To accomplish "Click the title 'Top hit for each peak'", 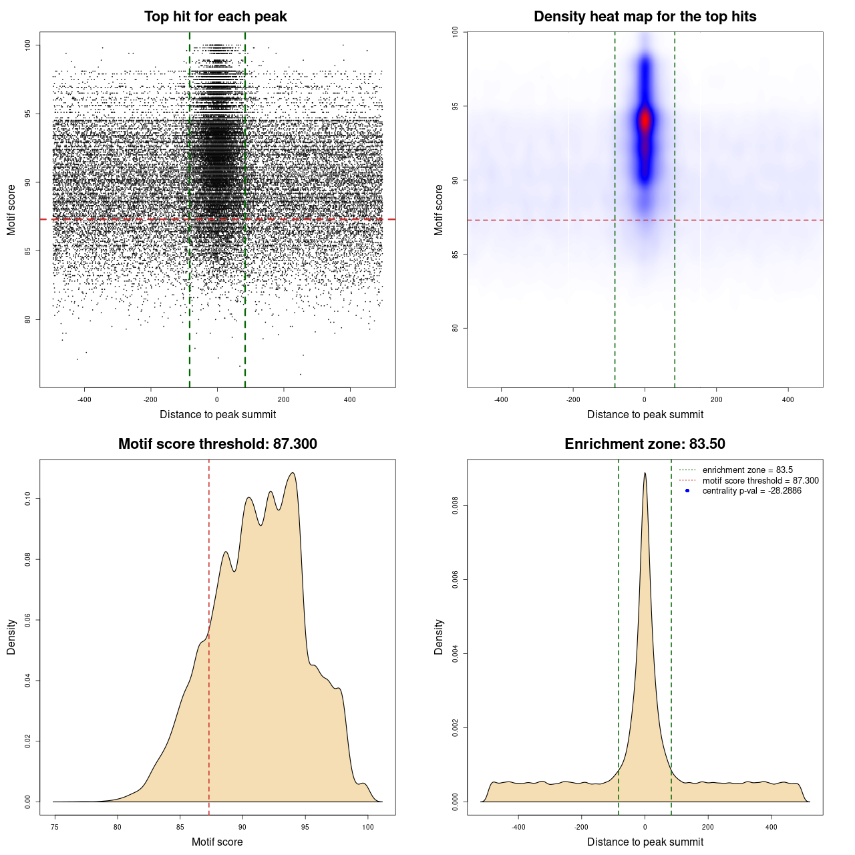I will click(215, 17).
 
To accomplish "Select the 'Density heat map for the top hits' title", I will click(645, 17).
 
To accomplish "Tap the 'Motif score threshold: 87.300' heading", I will click(217, 444).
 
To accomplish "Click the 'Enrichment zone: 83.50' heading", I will click(645, 444).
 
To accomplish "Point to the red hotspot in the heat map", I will click(645, 121).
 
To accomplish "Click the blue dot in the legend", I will click(687, 491).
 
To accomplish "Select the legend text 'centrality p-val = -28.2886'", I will click(751, 491).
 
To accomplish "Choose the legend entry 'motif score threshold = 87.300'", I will click(760, 480).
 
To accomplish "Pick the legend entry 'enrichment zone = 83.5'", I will click(747, 470).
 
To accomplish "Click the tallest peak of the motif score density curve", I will click(293, 473).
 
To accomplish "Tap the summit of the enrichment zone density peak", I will click(645, 473).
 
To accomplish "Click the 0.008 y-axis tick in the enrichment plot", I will click(456, 506).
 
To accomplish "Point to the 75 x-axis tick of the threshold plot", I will click(55, 828).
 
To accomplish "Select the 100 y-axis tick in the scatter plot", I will click(28, 45).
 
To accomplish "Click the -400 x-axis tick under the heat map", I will click(501, 400).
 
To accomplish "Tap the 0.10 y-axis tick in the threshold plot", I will click(28, 499).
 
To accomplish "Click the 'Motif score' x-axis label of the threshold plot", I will click(217, 842).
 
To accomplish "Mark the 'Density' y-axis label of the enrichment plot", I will click(439, 637).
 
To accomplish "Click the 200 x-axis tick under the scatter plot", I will click(284, 400).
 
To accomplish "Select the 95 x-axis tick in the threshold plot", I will click(305, 828).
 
